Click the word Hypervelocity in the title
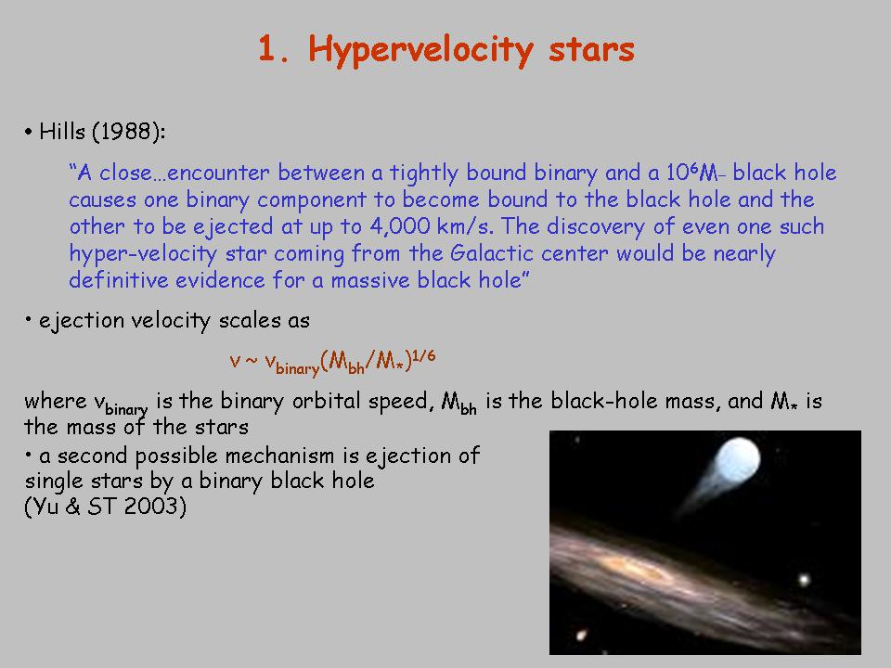click(x=420, y=50)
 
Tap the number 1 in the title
click(x=266, y=48)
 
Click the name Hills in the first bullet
click(x=61, y=131)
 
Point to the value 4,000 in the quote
click(x=399, y=226)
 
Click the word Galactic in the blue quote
click(x=492, y=252)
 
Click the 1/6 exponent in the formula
click(x=423, y=355)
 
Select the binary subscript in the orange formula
click(x=298, y=368)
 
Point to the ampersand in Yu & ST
click(x=72, y=506)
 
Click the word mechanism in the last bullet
click(x=279, y=456)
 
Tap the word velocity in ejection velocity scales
click(x=170, y=321)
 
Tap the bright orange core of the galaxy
click(x=631, y=566)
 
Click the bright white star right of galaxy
click(x=804, y=580)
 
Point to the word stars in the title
click(x=591, y=50)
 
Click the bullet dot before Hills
click(x=29, y=133)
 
